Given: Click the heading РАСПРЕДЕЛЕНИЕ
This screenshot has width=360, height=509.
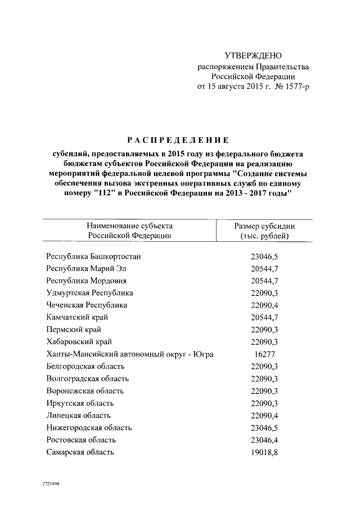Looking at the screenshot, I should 177,139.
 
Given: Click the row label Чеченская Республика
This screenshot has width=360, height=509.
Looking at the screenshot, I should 87,305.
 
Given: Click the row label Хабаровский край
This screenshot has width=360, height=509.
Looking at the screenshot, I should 79,342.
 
